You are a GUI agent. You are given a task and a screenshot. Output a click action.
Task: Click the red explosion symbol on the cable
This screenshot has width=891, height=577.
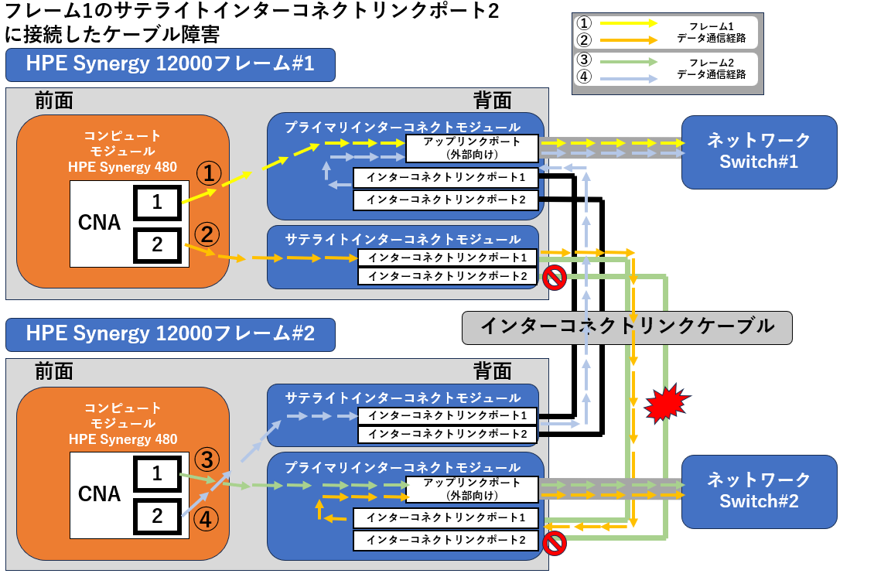(664, 402)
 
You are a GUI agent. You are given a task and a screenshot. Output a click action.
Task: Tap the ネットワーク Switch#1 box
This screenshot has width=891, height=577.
(759, 152)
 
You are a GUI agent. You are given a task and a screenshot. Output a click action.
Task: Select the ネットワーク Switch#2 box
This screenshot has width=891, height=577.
(759, 491)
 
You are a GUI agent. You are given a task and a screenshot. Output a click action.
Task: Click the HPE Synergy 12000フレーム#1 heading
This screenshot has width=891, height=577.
(170, 65)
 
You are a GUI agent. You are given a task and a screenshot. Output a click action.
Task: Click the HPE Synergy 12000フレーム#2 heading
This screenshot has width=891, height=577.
(170, 334)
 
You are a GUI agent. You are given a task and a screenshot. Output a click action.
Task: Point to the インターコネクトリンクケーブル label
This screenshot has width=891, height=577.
(626, 326)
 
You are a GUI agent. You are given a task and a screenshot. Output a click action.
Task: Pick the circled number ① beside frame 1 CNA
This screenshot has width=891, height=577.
(208, 173)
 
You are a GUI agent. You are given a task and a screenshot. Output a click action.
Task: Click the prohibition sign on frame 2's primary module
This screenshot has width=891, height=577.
(554, 543)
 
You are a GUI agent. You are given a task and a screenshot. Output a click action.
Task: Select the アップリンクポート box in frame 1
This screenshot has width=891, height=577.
(472, 148)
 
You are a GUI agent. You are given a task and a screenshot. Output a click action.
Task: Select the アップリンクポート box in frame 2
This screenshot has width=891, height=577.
(472, 489)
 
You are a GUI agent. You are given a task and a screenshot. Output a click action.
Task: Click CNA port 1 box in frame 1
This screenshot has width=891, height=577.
(157, 203)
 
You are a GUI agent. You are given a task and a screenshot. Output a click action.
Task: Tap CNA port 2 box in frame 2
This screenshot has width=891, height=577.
(157, 516)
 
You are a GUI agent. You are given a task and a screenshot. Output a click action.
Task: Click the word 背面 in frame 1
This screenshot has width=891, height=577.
(492, 101)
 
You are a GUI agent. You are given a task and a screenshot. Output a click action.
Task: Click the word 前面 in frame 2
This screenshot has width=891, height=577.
(54, 371)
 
